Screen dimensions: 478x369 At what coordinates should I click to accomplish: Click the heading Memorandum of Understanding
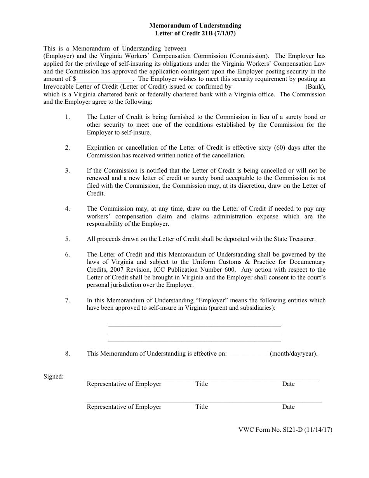[195, 26]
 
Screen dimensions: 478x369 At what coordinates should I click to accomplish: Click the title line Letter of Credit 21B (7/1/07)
[195, 33]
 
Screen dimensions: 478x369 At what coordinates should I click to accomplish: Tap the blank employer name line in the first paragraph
[257, 49]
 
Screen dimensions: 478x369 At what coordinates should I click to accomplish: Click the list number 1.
[68, 117]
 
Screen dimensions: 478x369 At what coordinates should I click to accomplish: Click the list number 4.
[68, 209]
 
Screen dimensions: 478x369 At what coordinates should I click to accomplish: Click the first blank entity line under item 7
[194, 325]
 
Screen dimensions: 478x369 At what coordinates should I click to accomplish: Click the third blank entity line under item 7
[194, 341]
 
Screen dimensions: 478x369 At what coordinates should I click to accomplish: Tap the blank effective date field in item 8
[250, 354]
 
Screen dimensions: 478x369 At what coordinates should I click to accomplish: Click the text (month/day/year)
[294, 354]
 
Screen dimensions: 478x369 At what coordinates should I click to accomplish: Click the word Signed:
[54, 376]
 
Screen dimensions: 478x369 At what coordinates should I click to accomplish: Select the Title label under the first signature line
[202, 384]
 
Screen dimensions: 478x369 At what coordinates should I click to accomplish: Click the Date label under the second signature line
[288, 407]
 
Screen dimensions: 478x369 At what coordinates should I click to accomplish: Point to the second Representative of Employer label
[124, 407]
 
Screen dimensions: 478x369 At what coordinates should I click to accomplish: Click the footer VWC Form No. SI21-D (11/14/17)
[285, 430]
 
